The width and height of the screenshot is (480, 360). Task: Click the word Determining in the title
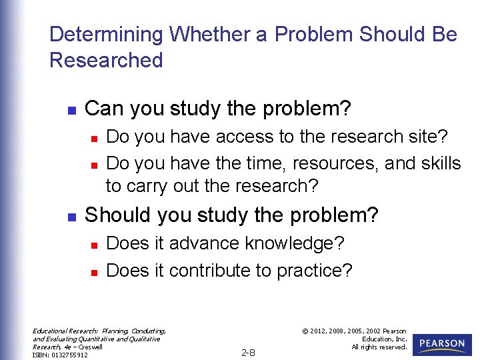pyautogui.click(x=106, y=34)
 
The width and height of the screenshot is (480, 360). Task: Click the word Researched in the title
pyautogui.click(x=106, y=60)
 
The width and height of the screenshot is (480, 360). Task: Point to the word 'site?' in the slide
pyautogui.click(x=425, y=137)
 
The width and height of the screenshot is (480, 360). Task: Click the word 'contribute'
pyautogui.click(x=213, y=270)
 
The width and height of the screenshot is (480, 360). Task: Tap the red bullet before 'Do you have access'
pyautogui.click(x=95, y=138)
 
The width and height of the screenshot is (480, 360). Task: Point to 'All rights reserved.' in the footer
pyautogui.click(x=380, y=347)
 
